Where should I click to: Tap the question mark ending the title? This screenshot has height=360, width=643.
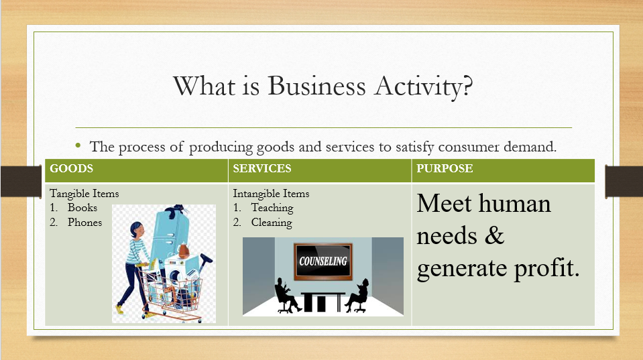(467, 87)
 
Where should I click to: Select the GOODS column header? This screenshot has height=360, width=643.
(71, 169)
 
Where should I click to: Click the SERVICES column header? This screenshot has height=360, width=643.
(261, 169)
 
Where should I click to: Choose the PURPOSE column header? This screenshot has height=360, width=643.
(445, 169)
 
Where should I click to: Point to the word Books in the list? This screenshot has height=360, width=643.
(82, 208)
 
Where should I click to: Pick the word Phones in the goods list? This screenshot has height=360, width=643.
(84, 222)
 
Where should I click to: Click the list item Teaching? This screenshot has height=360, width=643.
(272, 208)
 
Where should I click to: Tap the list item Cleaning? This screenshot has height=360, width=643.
(272, 222)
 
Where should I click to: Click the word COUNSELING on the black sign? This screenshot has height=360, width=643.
(323, 261)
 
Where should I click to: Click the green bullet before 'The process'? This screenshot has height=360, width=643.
(78, 145)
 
